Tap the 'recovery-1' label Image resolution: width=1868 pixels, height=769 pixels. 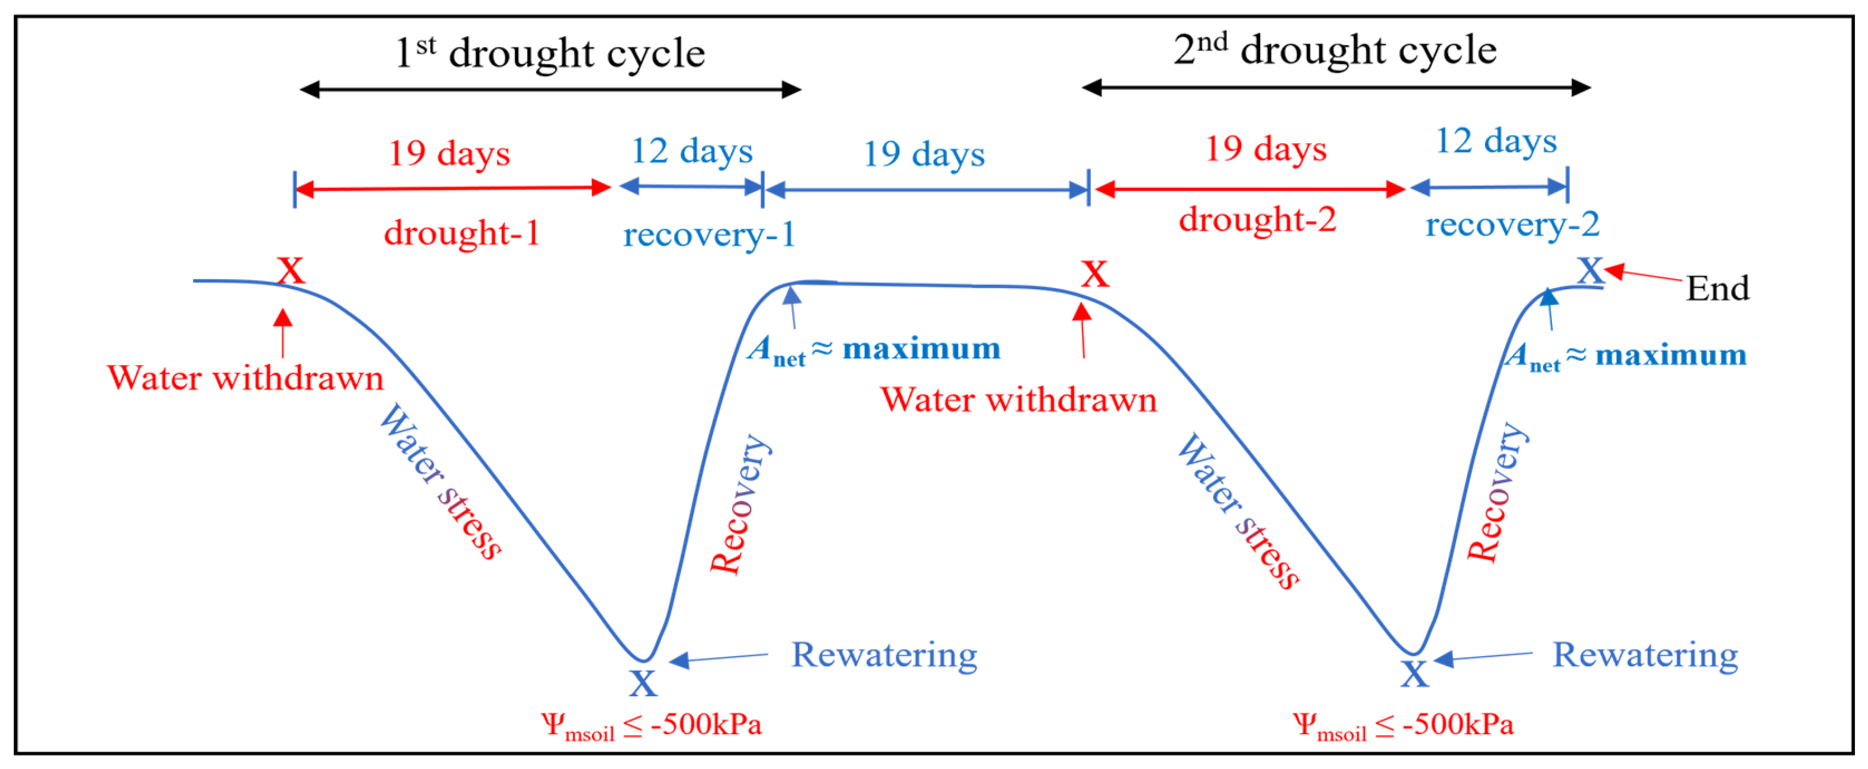pyautogui.click(x=708, y=235)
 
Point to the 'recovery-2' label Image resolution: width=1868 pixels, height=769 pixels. pyautogui.click(x=1512, y=225)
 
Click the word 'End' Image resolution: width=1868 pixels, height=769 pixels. pyautogui.click(x=1717, y=289)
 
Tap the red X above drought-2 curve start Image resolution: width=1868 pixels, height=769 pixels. pyautogui.click(x=1094, y=274)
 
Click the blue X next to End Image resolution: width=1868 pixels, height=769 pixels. pyautogui.click(x=1590, y=271)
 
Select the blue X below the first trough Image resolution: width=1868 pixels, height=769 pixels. pyautogui.click(x=642, y=683)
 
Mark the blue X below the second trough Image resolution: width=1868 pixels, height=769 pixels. pyautogui.click(x=1414, y=674)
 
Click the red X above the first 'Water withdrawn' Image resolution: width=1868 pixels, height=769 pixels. pyautogui.click(x=291, y=271)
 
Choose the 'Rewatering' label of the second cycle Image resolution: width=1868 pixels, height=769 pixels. pyautogui.click(x=1645, y=655)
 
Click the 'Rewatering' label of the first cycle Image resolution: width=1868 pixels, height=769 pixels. pyautogui.click(x=883, y=655)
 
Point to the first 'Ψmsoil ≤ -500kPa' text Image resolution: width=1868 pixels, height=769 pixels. pyautogui.click(x=650, y=725)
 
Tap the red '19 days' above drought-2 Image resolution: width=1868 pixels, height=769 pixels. pyautogui.click(x=1265, y=149)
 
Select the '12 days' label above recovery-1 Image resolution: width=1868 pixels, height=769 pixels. pyautogui.click(x=692, y=151)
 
